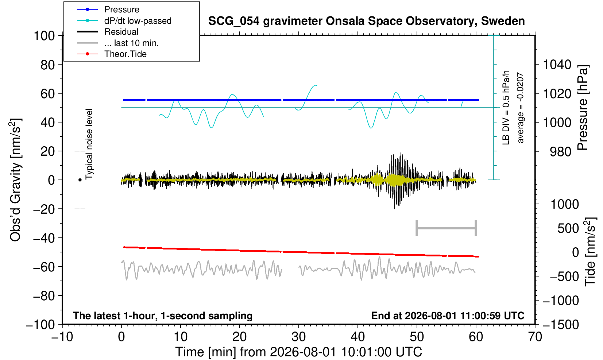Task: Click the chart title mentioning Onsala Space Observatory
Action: (366, 21)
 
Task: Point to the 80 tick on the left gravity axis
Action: (48, 65)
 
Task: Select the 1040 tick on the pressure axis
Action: (557, 65)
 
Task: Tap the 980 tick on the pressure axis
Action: (560, 152)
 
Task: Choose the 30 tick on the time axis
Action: (298, 337)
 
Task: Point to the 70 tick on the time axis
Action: (535, 337)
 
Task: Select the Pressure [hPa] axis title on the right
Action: (583, 107)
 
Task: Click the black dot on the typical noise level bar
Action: (80, 180)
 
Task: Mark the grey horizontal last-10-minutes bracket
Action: (447, 228)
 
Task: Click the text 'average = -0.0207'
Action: (521, 108)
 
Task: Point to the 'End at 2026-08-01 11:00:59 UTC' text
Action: (448, 316)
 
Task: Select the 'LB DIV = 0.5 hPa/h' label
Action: (506, 108)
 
